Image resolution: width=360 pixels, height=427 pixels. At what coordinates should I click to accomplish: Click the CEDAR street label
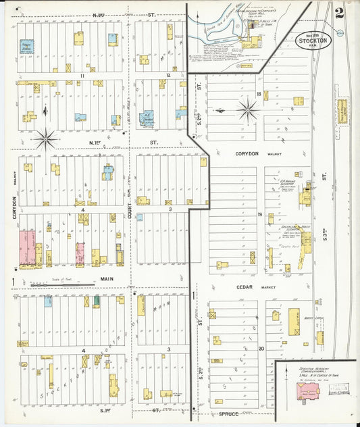pos(225,287)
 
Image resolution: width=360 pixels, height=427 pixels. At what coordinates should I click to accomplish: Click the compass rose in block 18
pos(247,109)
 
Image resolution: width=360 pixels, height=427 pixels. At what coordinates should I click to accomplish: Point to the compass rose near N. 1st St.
pos(46,139)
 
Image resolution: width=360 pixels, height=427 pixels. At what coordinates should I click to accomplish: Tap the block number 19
pos(258,214)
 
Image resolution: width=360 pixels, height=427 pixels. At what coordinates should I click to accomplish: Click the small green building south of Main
pos(97,301)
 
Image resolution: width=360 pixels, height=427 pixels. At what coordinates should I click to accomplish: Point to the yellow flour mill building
pos(250,43)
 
